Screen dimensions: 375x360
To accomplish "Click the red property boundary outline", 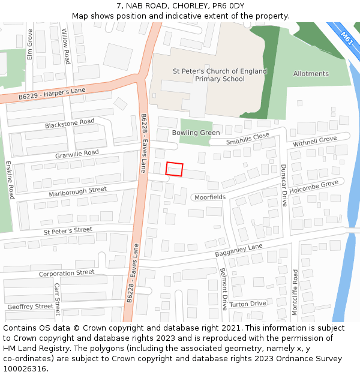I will pyautogui.click(x=174, y=169).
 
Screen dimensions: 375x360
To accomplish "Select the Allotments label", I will pyautogui.click(x=311, y=74).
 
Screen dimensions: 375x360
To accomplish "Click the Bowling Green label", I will pyautogui.click(x=196, y=133).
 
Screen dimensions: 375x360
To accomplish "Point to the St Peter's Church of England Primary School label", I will pyautogui.click(x=220, y=75).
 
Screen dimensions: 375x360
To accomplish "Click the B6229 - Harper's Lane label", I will pyautogui.click(x=52, y=94).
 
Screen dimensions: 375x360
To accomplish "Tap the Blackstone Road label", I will pyautogui.click(x=70, y=124).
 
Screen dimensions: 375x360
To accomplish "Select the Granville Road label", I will pyautogui.click(x=77, y=154).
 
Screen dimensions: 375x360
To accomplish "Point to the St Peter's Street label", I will pyautogui.click(x=67, y=230).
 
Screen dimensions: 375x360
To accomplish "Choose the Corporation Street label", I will pyautogui.click(x=67, y=273).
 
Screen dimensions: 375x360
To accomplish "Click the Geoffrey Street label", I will pyautogui.click(x=30, y=307).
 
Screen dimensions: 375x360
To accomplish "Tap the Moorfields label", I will pyautogui.click(x=209, y=197).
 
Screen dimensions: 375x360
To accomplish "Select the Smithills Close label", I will pyautogui.click(x=247, y=139).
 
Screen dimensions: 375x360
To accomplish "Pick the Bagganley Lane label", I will pyautogui.click(x=239, y=250).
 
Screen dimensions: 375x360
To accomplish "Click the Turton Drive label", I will pyautogui.click(x=247, y=304).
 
